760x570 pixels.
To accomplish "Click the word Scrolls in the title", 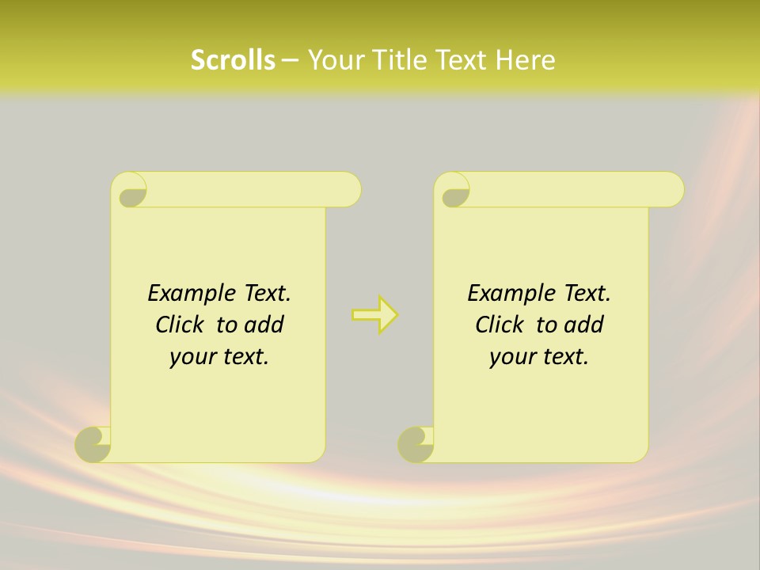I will pyautogui.click(x=233, y=60).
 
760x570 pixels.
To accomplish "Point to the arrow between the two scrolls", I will pyautogui.click(x=375, y=315).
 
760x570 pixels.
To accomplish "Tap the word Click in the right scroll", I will pyautogui.click(x=499, y=325).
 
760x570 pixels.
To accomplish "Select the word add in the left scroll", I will pyautogui.click(x=265, y=325).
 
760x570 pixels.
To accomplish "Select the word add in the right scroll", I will pyautogui.click(x=585, y=325).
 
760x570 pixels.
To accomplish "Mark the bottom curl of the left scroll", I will pyautogui.click(x=93, y=445).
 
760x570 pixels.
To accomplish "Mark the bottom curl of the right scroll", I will pyautogui.click(x=416, y=445).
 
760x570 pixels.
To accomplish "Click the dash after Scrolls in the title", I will pyautogui.click(x=290, y=61).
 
